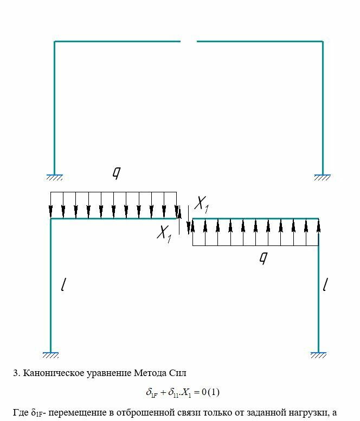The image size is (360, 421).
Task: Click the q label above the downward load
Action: [x=116, y=173]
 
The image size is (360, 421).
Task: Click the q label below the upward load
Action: [x=263, y=258]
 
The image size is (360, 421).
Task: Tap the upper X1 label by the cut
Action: [x=201, y=204]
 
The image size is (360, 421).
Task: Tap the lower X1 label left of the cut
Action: [x=164, y=233]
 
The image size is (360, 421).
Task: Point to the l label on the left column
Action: [x=64, y=284]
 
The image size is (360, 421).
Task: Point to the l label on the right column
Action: [x=325, y=284]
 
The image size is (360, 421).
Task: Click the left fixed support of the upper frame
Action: [x=54, y=177]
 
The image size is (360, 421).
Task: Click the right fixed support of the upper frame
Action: [x=323, y=177]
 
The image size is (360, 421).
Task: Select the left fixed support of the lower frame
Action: [x=50, y=355]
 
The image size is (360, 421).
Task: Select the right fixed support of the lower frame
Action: [x=318, y=355]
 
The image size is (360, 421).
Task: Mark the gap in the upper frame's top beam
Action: [x=188, y=41]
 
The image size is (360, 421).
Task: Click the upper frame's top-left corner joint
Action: [x=54, y=41]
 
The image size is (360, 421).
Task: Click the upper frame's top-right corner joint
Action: [x=323, y=41]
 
